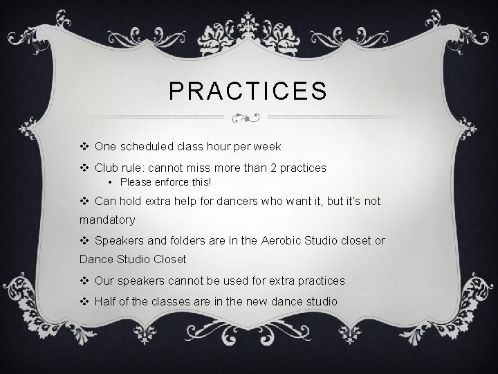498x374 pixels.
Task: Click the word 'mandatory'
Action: (x=108, y=220)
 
